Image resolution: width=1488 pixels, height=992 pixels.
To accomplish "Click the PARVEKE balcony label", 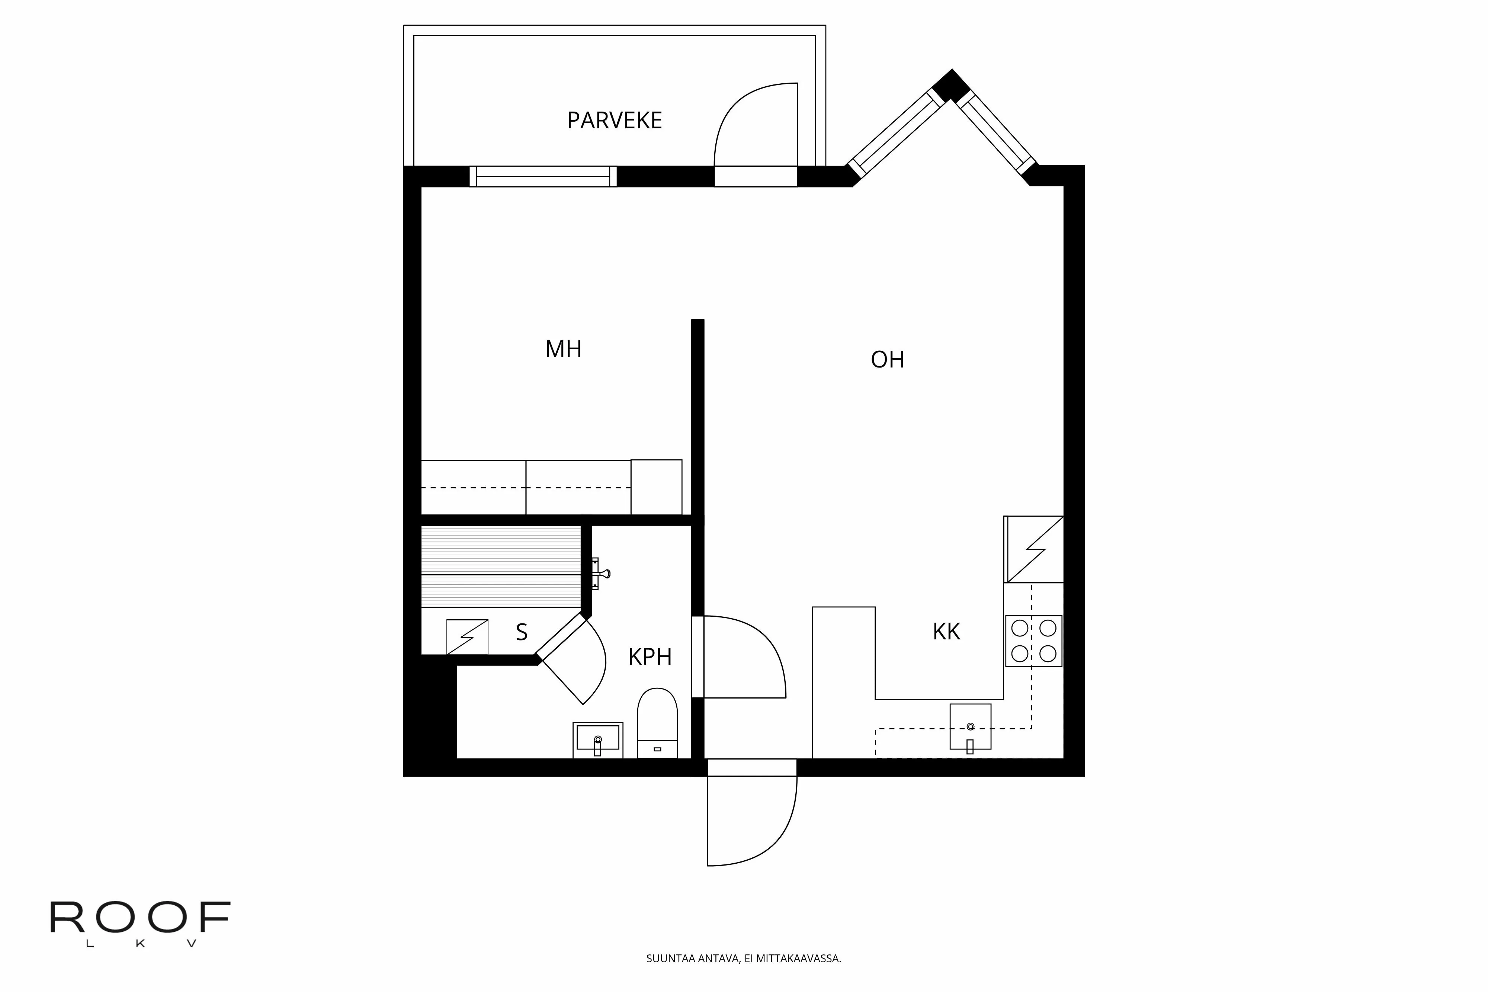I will click(614, 120).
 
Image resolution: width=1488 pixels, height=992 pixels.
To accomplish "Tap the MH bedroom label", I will click(563, 349).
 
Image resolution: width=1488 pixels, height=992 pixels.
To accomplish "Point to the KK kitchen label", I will click(946, 631).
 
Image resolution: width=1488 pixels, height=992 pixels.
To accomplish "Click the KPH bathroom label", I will click(650, 657).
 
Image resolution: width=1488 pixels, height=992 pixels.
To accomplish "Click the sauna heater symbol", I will click(467, 636).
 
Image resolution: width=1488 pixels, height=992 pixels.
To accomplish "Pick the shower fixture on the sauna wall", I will click(600, 574).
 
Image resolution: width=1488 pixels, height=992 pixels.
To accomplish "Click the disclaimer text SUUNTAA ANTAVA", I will click(743, 959).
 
